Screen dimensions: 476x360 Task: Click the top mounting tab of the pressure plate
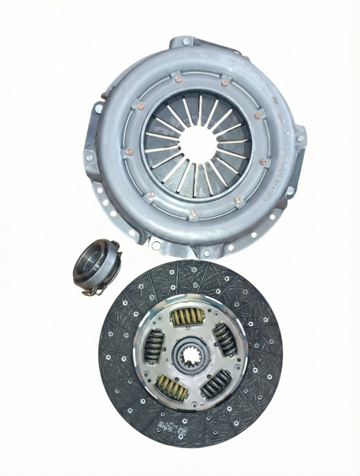[x=185, y=41]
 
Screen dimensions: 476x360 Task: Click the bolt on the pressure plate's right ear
[x=301, y=139]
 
